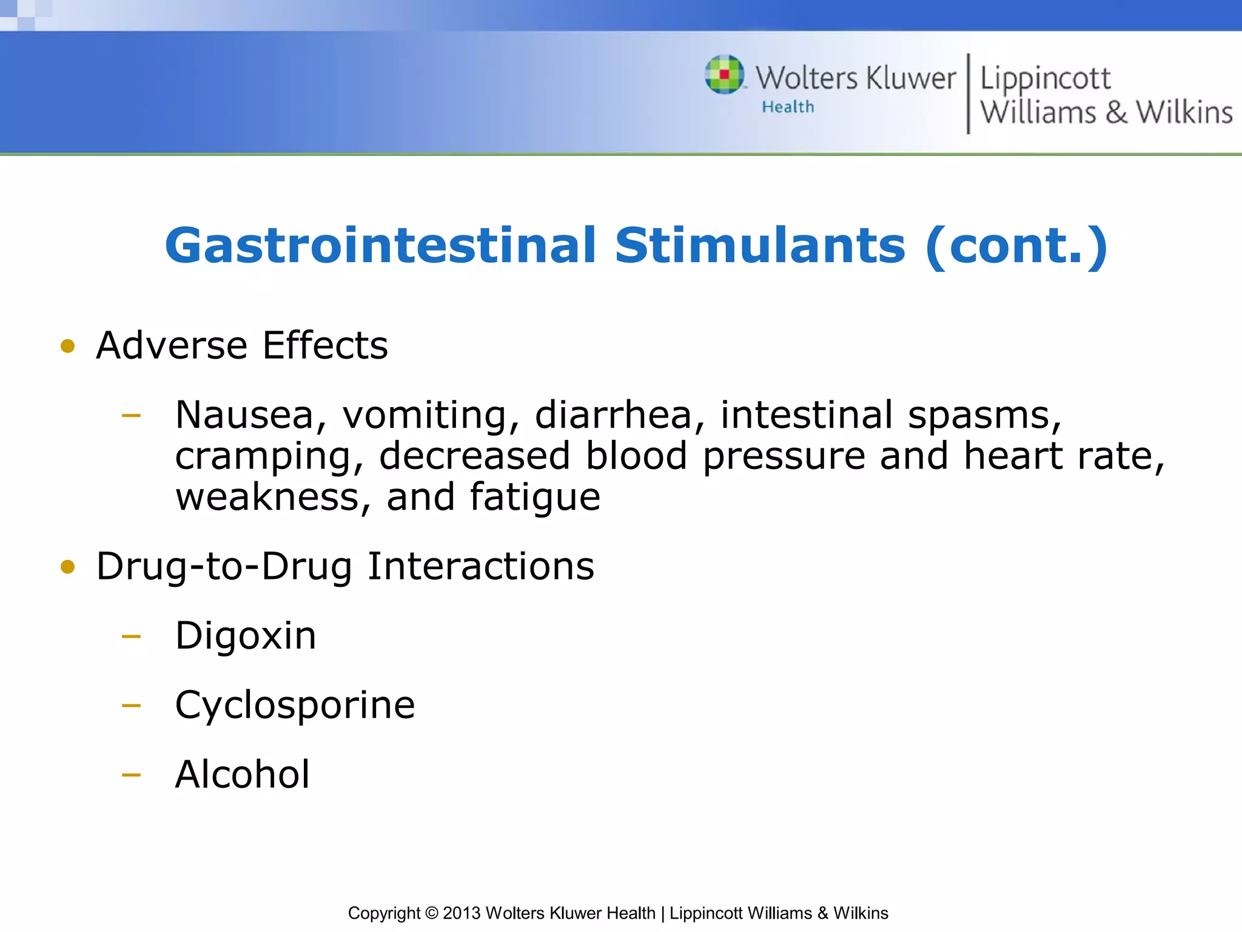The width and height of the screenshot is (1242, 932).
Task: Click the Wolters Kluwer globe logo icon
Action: point(725,75)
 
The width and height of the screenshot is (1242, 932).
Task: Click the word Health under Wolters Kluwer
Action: point(788,107)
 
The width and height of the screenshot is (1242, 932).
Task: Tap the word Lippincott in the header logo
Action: point(1046,79)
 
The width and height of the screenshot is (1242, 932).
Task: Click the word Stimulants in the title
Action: point(760,246)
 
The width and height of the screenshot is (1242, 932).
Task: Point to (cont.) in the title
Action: point(1017,246)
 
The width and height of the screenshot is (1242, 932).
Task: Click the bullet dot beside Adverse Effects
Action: point(68,346)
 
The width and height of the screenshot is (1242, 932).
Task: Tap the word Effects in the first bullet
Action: point(325,345)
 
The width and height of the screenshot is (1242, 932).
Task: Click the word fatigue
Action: point(535,498)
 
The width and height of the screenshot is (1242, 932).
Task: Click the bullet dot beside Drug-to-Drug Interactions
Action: point(68,567)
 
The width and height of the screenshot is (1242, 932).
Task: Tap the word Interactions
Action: point(481,566)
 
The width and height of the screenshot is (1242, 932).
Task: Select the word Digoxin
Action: point(246,636)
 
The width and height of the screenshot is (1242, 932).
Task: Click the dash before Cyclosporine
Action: point(131,706)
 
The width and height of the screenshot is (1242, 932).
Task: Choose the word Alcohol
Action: point(243,775)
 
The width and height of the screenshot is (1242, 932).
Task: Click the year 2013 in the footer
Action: point(462,913)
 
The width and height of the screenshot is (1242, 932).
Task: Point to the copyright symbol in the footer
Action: point(431,913)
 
